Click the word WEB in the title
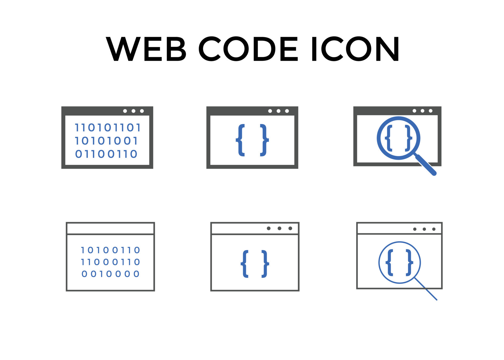[x=146, y=49]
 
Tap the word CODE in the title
[x=248, y=49]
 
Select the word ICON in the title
[x=355, y=49]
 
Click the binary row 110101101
[x=108, y=128]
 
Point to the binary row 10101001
[x=106, y=141]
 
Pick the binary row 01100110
[x=106, y=154]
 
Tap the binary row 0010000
[x=110, y=274]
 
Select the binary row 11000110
[x=110, y=262]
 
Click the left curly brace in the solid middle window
[x=240, y=140]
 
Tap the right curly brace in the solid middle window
[x=264, y=140]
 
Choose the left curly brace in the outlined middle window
[x=245, y=264]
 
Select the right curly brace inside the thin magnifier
[x=409, y=263]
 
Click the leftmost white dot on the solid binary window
[x=125, y=111]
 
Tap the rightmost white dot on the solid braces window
[x=287, y=111]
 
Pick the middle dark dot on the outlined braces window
[x=279, y=228]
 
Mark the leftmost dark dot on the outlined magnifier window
[x=415, y=229]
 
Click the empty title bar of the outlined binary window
[x=110, y=228]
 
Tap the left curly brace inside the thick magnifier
[x=388, y=138]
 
